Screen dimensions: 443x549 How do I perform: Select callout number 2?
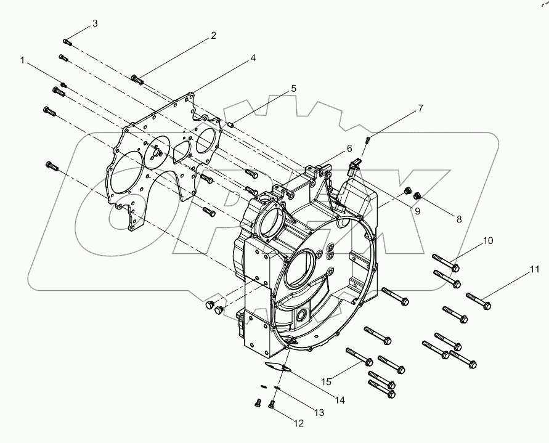pos(213,36)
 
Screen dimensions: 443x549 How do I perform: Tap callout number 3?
pos(95,23)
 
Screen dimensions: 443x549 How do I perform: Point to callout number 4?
pos(253,59)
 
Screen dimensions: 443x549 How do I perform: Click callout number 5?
pos(293,88)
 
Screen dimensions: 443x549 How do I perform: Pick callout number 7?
pos(421,108)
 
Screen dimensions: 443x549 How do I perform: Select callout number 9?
pos(417,211)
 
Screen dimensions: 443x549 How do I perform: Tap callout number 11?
pos(534,269)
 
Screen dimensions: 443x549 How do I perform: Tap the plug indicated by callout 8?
pos(417,196)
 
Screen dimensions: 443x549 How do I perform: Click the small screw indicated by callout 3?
pos(68,42)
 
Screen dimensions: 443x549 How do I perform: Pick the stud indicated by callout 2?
pos(137,79)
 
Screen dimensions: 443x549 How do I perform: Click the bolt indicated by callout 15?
pos(359,357)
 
